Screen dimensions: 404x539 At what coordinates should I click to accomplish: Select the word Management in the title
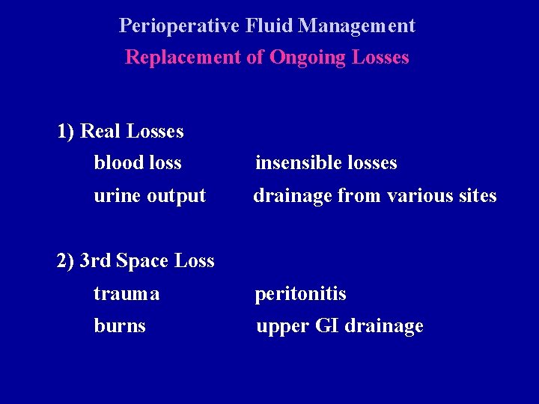[356, 26]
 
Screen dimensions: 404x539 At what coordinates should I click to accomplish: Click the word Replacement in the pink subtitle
[183, 58]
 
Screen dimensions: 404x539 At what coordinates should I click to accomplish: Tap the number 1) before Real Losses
[66, 132]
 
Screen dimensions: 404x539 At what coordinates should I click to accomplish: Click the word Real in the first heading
[101, 132]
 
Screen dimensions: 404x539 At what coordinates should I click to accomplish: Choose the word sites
[477, 196]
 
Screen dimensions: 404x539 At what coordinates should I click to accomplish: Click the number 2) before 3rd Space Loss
[66, 261]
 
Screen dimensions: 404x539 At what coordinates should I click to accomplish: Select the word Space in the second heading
[142, 261]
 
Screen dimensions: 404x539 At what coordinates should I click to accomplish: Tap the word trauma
[127, 295]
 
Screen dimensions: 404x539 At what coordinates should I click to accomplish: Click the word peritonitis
[300, 294]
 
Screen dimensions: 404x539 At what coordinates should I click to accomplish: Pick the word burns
[120, 326]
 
